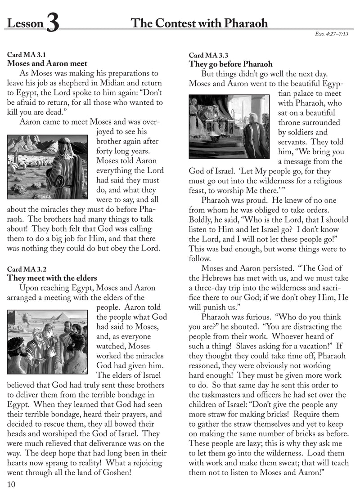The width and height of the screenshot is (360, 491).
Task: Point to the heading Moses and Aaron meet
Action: [x=47, y=64]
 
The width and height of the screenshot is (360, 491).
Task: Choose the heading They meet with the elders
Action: [x=52, y=278]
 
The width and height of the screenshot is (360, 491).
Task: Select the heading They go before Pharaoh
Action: [x=230, y=64]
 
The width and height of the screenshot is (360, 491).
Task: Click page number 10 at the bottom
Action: [x=12, y=484]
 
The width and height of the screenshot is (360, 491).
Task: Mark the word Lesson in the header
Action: [x=24, y=23]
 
